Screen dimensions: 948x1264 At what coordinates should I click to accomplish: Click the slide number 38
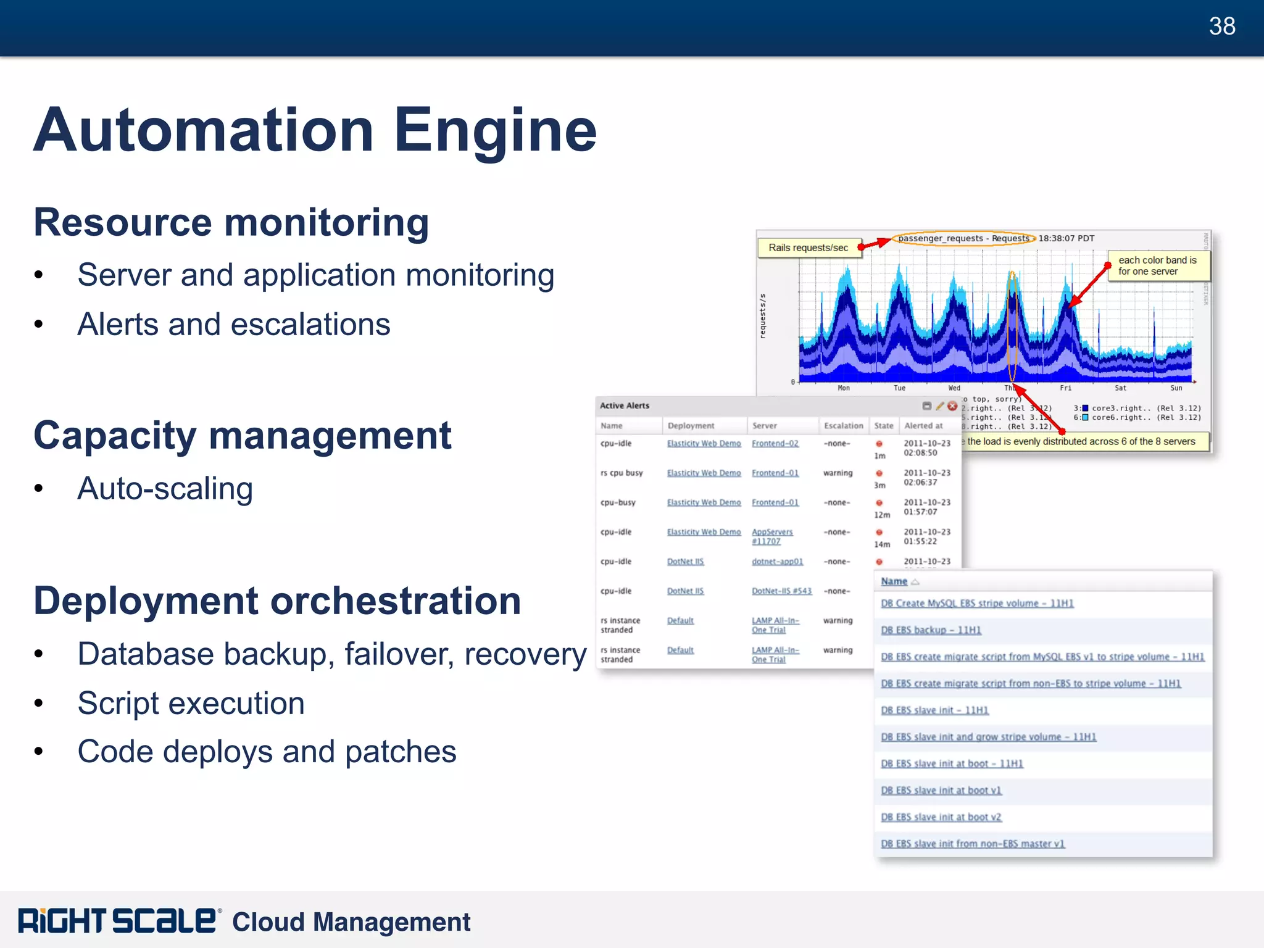point(1221,27)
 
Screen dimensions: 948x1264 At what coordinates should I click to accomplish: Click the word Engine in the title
point(495,130)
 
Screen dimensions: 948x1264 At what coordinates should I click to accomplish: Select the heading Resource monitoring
point(231,222)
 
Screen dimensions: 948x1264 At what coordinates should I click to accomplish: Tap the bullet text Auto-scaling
point(165,489)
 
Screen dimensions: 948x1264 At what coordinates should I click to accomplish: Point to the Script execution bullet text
point(191,704)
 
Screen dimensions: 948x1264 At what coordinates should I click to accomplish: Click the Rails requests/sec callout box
point(808,247)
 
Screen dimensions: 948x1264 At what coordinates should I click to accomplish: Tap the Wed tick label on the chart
point(954,388)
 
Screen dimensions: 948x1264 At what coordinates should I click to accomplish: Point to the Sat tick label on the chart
point(1120,388)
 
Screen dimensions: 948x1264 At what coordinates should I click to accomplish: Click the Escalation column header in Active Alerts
point(843,426)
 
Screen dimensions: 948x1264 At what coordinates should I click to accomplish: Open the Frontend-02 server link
point(775,444)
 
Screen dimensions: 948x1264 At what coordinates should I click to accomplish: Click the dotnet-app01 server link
point(777,562)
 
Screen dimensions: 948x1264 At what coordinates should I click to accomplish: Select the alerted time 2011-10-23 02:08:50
point(926,448)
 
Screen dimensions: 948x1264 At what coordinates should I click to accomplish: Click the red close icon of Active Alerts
point(952,405)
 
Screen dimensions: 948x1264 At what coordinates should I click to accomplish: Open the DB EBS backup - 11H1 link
point(930,630)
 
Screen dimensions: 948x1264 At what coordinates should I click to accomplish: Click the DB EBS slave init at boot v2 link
point(941,817)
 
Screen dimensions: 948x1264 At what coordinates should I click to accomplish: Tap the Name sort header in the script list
point(894,581)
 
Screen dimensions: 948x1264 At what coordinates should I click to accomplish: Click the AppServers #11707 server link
point(771,536)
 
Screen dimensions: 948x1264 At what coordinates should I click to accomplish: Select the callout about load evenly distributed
point(1081,441)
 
